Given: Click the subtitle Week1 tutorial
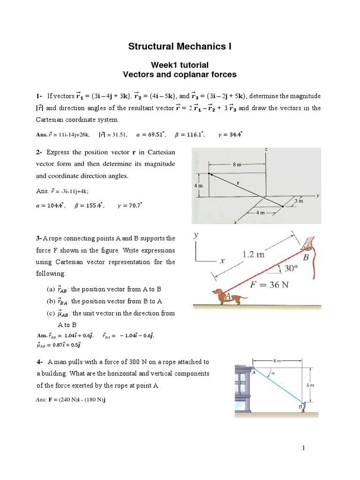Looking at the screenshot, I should click(180, 65).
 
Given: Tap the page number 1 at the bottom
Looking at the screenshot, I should click(304, 449).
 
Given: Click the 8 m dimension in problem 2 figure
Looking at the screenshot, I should click(237, 165).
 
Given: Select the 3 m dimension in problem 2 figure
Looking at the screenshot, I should click(299, 201).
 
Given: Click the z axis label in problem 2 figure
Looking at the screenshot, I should click(266, 150).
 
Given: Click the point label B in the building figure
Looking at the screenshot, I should click(300, 407).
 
